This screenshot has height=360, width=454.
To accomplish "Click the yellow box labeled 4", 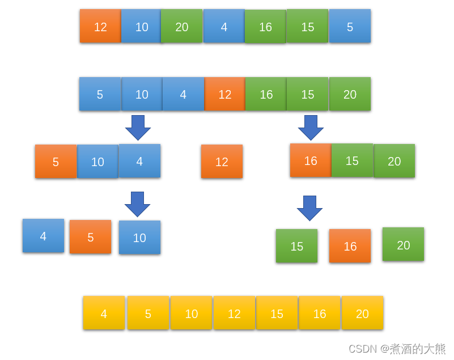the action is click(104, 313).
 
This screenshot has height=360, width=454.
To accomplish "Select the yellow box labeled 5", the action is click(148, 313).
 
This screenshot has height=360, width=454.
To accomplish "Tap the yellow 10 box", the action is click(192, 313).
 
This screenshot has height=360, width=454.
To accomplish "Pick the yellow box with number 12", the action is click(234, 313).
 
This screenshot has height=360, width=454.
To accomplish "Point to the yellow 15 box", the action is click(277, 313).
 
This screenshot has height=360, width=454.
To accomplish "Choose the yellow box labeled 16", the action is click(320, 313).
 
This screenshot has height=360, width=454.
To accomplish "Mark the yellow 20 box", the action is click(362, 313).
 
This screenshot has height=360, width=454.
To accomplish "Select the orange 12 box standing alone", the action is click(222, 162).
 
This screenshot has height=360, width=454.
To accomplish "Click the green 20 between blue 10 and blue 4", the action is click(182, 26).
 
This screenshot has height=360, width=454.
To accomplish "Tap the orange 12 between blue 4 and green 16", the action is click(225, 94).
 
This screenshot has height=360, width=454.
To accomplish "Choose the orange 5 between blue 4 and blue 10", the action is click(90, 237).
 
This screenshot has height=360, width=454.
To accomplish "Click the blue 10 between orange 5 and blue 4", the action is click(97, 162).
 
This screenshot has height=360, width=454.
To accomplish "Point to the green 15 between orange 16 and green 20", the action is click(352, 160).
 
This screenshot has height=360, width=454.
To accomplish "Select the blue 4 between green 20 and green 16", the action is click(224, 26).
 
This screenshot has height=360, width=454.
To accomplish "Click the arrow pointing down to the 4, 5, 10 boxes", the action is click(137, 204).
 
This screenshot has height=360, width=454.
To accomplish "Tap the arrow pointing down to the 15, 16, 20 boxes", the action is click(309, 208).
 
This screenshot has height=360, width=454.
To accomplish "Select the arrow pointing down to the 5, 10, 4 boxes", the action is click(138, 128).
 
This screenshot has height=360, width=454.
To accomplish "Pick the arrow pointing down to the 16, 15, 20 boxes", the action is click(311, 128).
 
